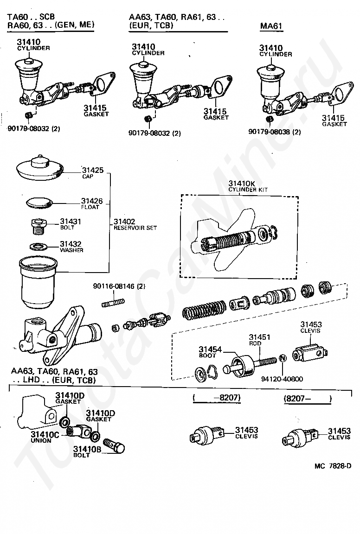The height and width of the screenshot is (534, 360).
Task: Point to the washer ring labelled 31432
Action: click(39, 245)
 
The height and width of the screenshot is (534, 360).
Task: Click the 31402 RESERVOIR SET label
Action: click(135, 224)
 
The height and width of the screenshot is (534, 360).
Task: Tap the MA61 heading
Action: click(271, 26)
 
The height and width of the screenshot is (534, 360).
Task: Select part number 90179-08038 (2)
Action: click(274, 132)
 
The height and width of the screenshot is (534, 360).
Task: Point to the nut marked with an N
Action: click(282, 359)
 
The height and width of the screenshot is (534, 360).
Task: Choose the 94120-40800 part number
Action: click(282, 379)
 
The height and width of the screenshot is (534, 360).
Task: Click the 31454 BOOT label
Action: click(210, 351)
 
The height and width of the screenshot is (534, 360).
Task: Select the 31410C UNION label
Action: click(45, 437)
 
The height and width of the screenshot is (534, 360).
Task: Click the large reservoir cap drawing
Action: click(40, 168)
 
